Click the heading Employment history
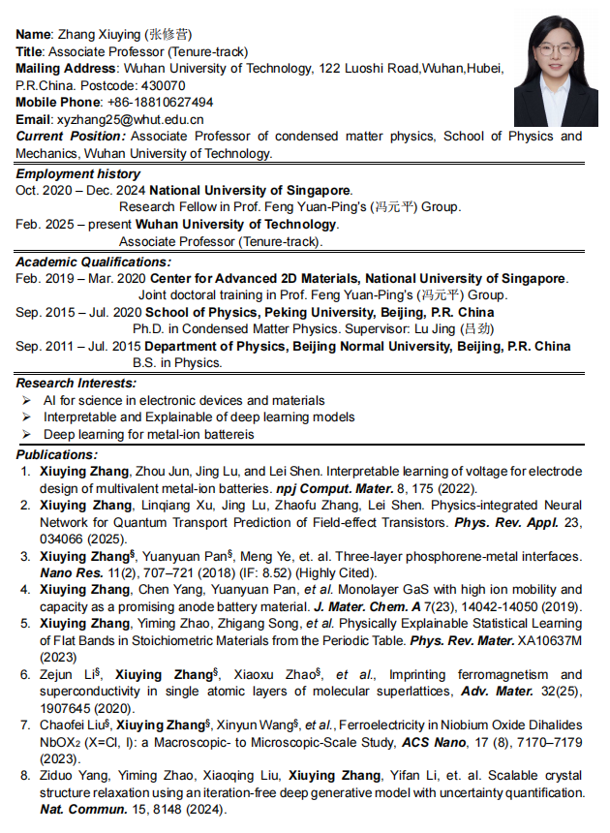click(77, 174)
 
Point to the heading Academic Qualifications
click(93, 262)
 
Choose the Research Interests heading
click(76, 384)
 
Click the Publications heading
click(56, 454)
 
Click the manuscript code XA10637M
click(549, 641)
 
